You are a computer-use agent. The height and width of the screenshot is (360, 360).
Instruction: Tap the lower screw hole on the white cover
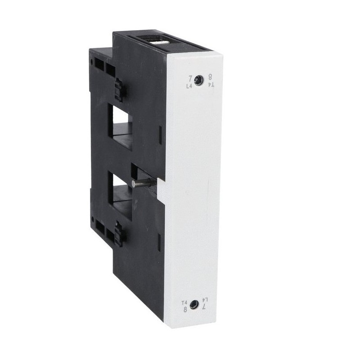[194, 305]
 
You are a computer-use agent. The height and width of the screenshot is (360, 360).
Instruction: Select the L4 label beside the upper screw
[189, 84]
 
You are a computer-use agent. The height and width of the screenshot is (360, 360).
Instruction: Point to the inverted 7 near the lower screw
[204, 306]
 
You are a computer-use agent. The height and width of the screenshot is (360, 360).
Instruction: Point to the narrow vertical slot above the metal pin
[161, 134]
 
